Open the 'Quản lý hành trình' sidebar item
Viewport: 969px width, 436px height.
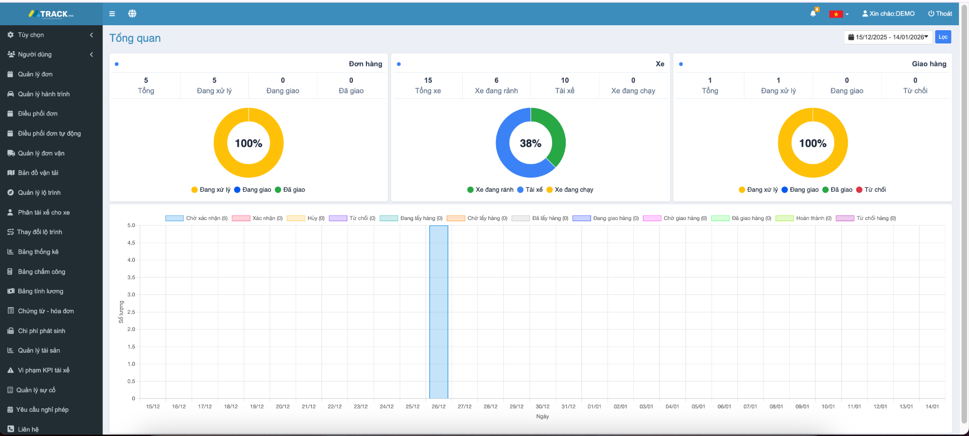(43, 94)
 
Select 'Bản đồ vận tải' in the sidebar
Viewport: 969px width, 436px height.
(38, 173)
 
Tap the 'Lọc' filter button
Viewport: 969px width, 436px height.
(943, 37)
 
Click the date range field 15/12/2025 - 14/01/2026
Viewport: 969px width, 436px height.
(888, 37)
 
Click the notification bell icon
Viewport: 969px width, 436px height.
(813, 14)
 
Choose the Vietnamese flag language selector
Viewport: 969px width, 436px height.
(838, 14)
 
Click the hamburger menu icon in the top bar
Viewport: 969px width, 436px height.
(112, 14)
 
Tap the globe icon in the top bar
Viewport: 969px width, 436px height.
(132, 14)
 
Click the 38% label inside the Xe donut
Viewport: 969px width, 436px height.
(530, 143)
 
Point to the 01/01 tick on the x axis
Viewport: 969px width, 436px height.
(594, 406)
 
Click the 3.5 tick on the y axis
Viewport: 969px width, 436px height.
(131, 278)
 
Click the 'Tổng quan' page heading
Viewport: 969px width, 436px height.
(135, 38)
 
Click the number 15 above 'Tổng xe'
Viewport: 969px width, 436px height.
(428, 80)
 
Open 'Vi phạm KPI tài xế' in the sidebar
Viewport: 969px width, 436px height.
(43, 370)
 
